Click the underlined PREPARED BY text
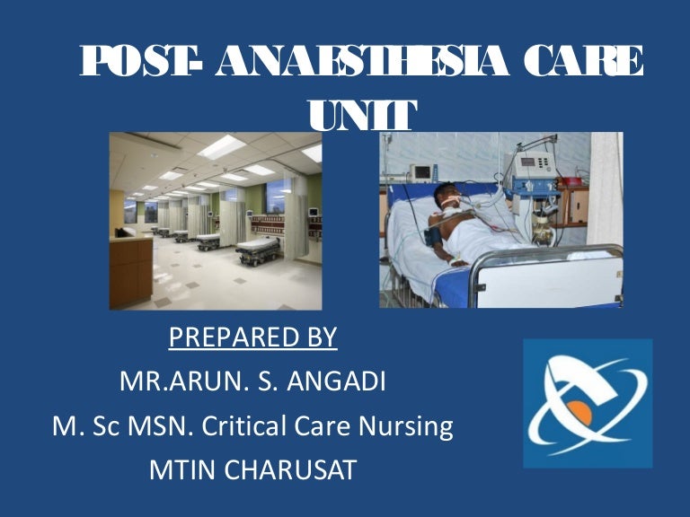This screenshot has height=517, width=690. pos(252,337)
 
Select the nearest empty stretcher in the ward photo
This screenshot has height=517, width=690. pos(261,247)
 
